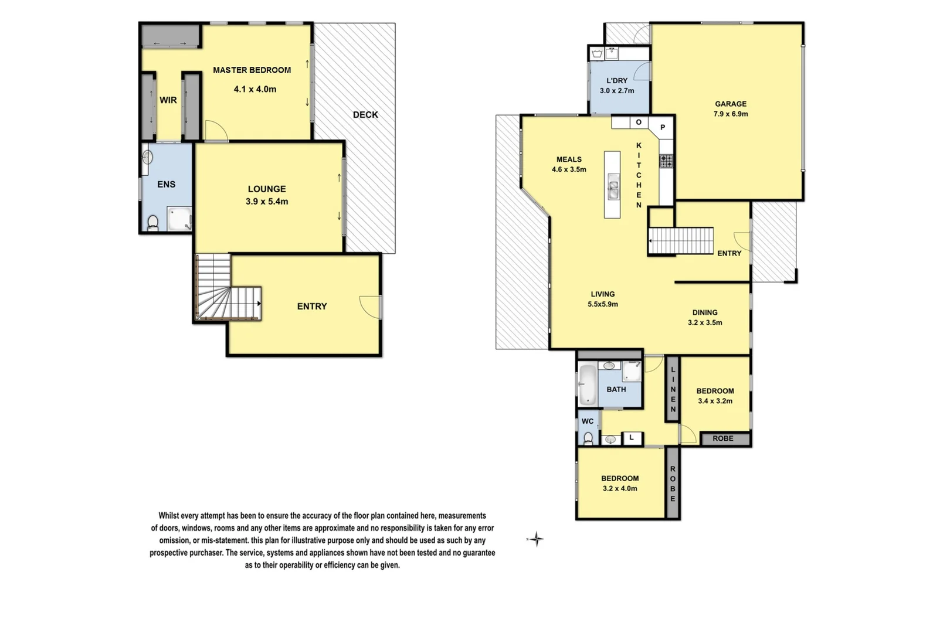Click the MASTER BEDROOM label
click(252, 70)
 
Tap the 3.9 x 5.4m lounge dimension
click(267, 202)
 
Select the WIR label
click(168, 100)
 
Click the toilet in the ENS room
click(153, 223)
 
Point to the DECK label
click(365, 115)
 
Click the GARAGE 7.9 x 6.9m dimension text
click(731, 114)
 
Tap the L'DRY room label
click(617, 81)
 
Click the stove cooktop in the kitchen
click(666, 161)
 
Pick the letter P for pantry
click(663, 127)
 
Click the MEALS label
click(569, 159)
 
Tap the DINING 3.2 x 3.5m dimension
click(705, 323)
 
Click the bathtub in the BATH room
click(586, 385)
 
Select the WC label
click(588, 421)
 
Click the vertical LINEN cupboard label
click(673, 389)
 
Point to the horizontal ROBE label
click(722, 438)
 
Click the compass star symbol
click(536, 539)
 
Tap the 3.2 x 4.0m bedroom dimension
click(620, 489)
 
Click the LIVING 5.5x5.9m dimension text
click(603, 304)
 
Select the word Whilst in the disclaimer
click(169, 516)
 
